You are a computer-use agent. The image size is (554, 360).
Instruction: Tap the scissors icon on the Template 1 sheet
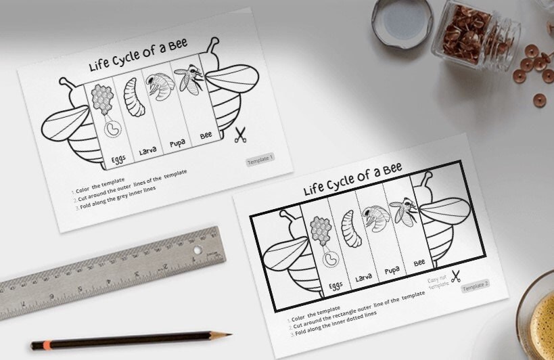[x=239, y=135]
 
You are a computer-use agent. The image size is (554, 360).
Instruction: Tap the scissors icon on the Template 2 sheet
[x=455, y=275]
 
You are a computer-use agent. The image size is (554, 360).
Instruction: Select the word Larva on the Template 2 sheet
[x=363, y=277]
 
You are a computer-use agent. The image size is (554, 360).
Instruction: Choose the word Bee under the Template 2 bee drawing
[x=419, y=263]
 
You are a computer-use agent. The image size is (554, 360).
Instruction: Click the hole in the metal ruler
[x=198, y=250]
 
